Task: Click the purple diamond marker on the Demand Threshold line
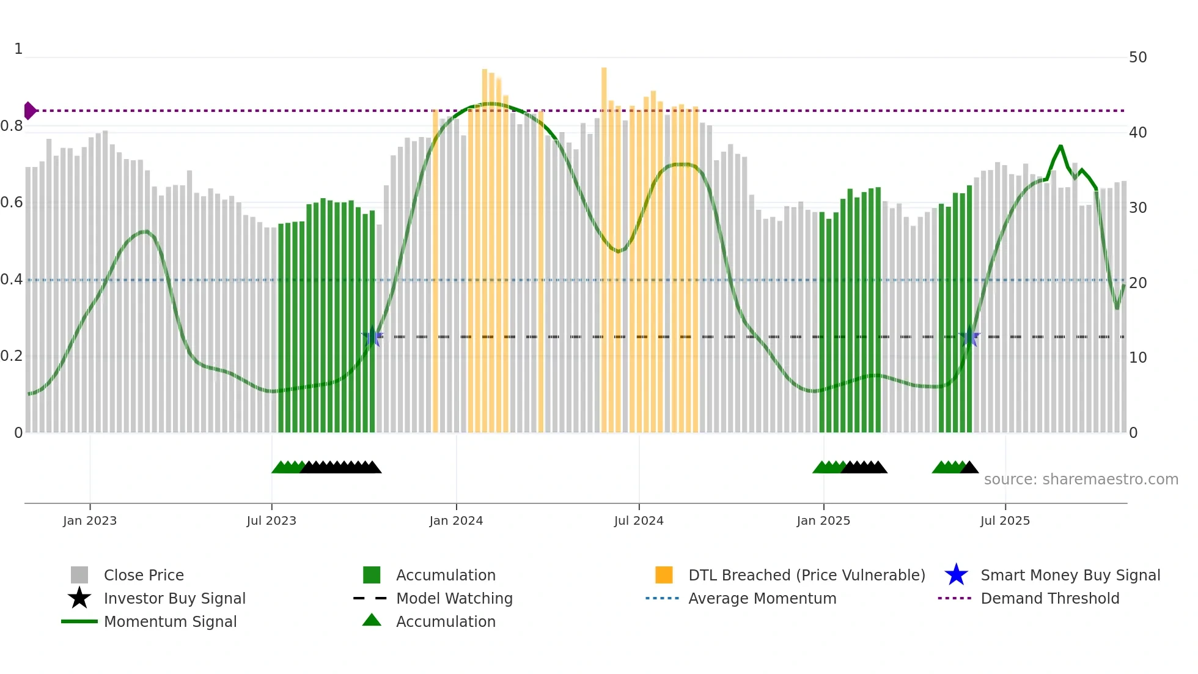29,111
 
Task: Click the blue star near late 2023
372,336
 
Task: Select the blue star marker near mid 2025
969,336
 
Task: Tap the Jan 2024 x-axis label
456,520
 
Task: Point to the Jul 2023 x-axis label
271,520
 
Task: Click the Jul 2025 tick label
1005,520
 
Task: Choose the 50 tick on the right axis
1137,57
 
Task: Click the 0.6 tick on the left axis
12,202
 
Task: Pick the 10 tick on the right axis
1137,358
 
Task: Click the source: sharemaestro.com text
1081,479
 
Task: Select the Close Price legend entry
144,575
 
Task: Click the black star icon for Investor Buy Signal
79,598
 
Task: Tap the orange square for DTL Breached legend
664,575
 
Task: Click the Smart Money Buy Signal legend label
1070,575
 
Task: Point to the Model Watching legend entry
454,598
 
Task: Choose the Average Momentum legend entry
762,598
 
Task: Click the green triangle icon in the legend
372,620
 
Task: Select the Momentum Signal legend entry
170,621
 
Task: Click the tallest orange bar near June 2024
604,245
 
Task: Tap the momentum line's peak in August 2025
1060,146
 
